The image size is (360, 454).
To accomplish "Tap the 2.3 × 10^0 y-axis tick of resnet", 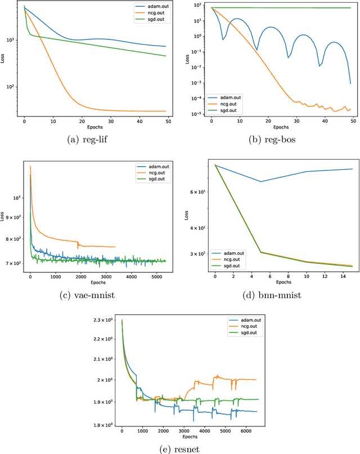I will [101, 320].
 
